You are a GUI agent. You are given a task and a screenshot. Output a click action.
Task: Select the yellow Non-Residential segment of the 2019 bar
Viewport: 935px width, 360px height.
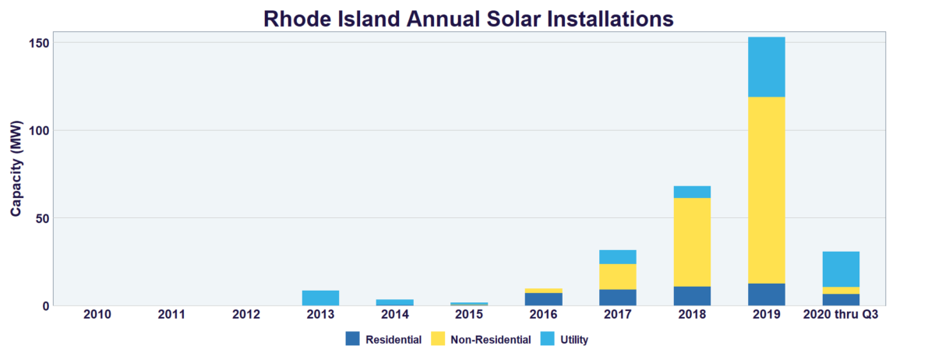click(766, 189)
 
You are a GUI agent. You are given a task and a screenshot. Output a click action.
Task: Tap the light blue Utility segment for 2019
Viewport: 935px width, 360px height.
click(766, 67)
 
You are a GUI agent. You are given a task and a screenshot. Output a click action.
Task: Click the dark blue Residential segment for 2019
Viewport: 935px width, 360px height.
click(766, 295)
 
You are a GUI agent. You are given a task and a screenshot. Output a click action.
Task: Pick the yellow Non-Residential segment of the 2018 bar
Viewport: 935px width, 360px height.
click(692, 242)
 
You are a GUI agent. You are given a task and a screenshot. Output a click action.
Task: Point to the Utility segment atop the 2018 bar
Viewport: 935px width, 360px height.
click(692, 192)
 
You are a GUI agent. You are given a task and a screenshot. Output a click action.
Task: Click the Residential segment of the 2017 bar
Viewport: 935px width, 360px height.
click(618, 297)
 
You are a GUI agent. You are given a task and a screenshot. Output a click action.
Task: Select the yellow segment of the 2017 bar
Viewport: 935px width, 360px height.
click(618, 277)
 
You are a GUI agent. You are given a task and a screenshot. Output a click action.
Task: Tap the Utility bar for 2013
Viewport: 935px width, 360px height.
click(321, 298)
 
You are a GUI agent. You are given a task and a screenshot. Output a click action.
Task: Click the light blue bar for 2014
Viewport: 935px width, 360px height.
click(395, 302)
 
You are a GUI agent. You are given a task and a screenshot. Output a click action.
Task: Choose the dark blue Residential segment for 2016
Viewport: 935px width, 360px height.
click(544, 299)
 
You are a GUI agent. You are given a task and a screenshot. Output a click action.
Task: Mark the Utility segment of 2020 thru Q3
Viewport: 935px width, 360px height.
click(841, 269)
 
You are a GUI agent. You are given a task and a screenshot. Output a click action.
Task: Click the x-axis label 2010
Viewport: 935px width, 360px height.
click(97, 316)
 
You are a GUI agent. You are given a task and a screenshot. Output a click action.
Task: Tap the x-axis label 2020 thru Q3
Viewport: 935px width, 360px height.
click(841, 316)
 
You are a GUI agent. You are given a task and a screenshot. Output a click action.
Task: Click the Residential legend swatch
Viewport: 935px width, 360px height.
click(353, 339)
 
